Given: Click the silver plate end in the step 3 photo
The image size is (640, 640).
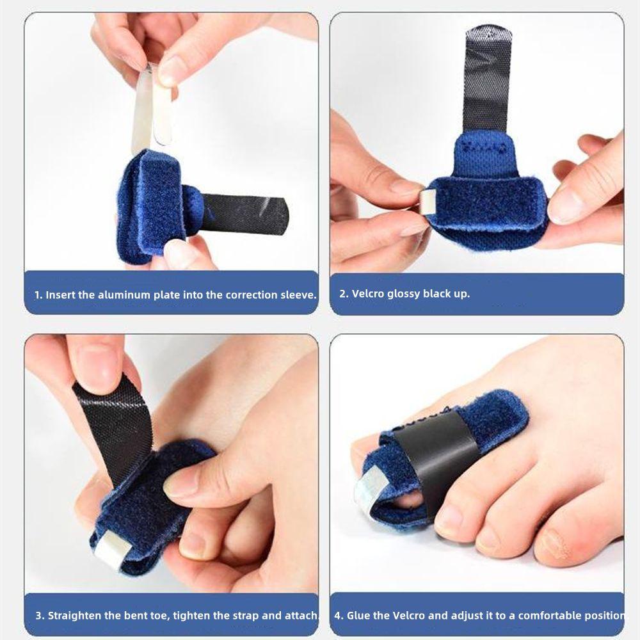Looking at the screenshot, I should tap(109, 545).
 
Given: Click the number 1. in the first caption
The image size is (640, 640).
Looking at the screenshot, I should tap(38, 295).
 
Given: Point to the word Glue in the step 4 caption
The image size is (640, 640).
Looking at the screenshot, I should tap(360, 615).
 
